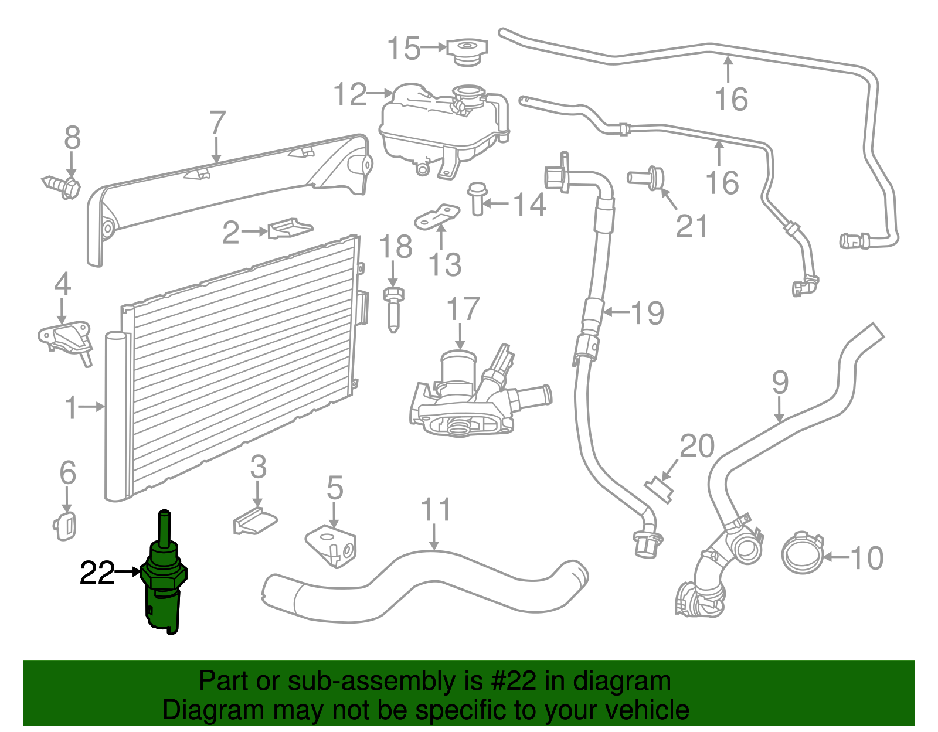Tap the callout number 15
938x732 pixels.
click(x=404, y=48)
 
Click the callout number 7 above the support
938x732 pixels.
click(x=217, y=124)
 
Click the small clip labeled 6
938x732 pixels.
click(x=66, y=524)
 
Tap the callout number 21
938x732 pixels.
click(x=692, y=226)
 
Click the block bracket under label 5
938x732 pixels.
click(x=332, y=545)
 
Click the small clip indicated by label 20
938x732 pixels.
click(x=659, y=488)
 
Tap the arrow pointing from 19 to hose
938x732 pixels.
click(x=616, y=312)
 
